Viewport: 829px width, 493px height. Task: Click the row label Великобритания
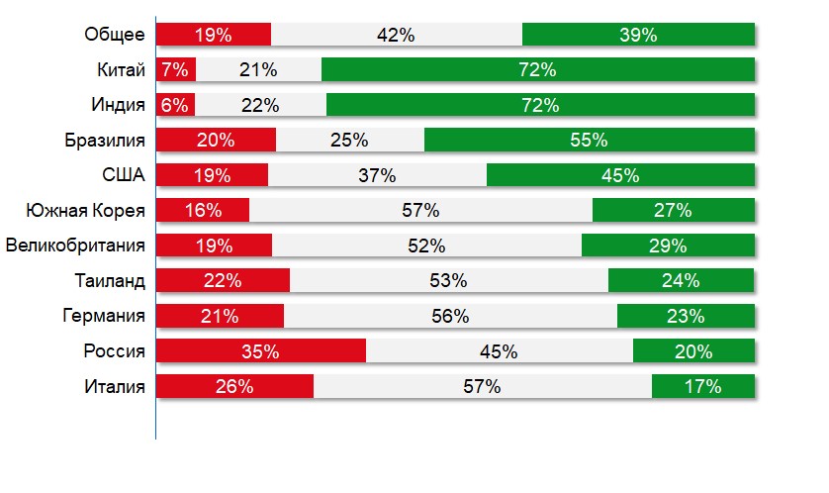[x=76, y=246]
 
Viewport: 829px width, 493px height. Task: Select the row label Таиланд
[x=110, y=280]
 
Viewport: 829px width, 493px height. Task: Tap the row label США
[x=125, y=175]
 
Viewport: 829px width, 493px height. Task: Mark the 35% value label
[x=260, y=350]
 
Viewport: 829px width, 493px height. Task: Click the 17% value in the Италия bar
[x=701, y=386]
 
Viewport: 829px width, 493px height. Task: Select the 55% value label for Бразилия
[x=589, y=140]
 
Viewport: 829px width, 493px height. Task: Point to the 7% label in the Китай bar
[x=174, y=69]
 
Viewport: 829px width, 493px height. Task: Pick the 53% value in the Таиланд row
[x=448, y=280]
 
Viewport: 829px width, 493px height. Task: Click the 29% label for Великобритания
[x=668, y=246]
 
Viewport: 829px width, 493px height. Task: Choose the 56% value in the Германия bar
[x=450, y=316]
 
